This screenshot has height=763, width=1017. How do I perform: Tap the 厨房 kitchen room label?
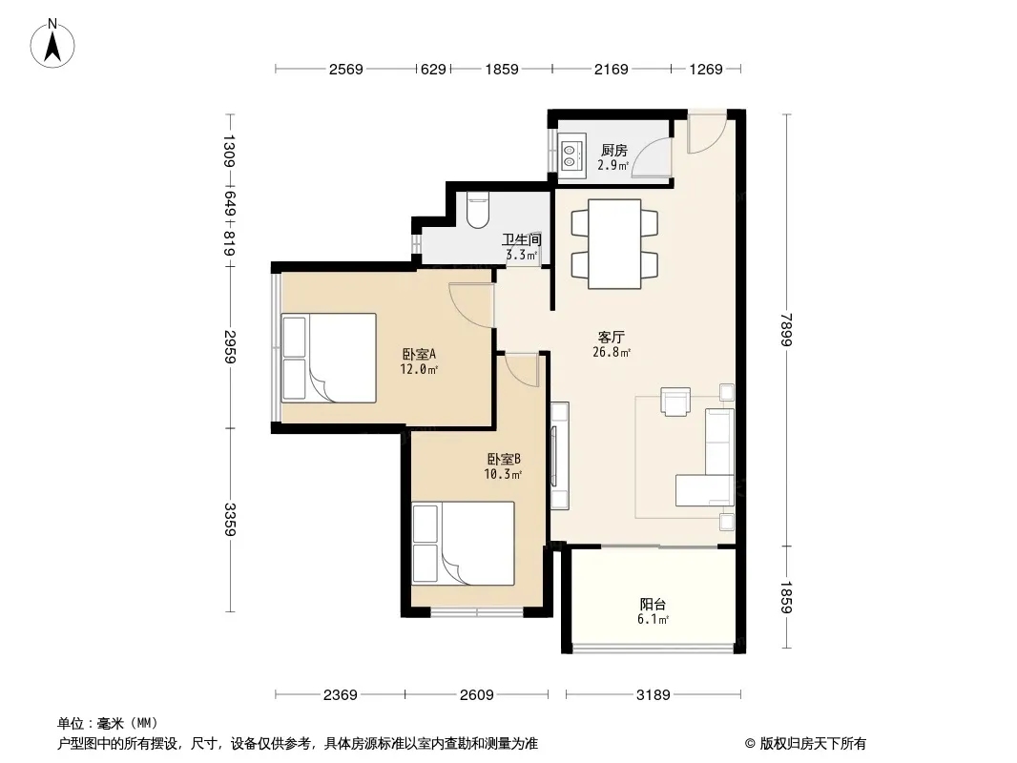(613, 151)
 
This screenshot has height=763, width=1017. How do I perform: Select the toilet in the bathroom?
(477, 210)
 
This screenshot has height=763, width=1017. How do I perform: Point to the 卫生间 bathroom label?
(522, 239)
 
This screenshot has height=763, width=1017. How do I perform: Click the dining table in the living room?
(614, 244)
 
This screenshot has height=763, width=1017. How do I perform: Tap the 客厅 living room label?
(611, 337)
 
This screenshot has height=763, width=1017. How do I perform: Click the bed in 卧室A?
(328, 358)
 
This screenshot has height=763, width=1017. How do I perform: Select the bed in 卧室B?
(463, 544)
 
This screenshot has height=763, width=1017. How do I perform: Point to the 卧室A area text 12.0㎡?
(419, 369)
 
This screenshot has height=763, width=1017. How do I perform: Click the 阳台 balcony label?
(653, 604)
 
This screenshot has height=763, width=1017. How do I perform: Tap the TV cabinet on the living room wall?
(559, 456)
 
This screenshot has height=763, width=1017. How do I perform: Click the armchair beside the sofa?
(675, 401)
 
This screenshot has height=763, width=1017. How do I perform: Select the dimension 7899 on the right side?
(786, 330)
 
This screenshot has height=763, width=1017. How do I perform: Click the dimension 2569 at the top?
(345, 69)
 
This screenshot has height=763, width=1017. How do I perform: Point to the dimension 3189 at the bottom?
(654, 695)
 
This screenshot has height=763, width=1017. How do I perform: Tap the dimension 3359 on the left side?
(230, 519)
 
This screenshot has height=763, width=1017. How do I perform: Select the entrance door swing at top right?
(707, 134)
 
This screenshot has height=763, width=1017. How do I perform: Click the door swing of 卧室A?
(470, 306)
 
